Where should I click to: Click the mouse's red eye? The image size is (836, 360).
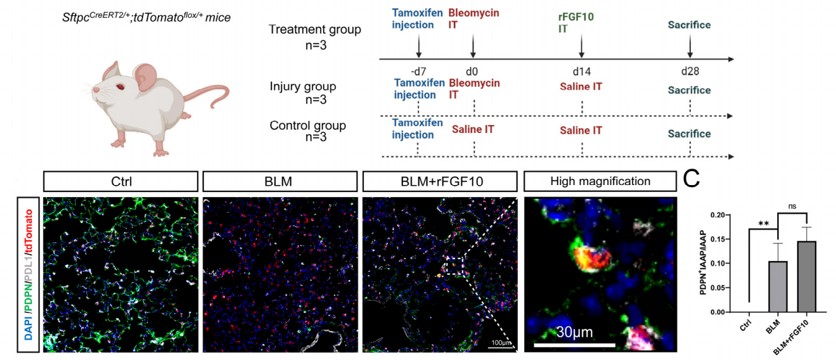[x=120, y=87]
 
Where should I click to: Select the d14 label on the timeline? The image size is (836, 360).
[x=581, y=71]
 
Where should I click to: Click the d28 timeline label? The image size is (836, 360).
[x=690, y=71]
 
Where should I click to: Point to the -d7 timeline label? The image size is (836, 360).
[x=418, y=71]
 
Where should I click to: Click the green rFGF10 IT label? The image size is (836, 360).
[x=576, y=23]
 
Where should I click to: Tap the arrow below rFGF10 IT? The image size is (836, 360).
[x=581, y=46]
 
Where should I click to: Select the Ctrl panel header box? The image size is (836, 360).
[x=120, y=181]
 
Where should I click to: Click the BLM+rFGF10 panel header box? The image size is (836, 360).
[x=440, y=181]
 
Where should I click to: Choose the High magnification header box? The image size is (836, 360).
[x=600, y=181]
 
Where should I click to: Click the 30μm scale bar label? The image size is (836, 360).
[x=574, y=331]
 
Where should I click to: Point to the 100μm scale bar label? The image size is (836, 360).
[x=501, y=342]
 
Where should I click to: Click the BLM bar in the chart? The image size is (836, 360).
[x=778, y=286]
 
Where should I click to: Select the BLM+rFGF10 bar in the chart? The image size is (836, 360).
[x=807, y=276]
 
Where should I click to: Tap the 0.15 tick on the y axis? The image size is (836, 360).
[x=717, y=239]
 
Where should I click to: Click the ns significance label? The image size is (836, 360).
[x=792, y=206]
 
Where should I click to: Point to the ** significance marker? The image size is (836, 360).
[x=764, y=224]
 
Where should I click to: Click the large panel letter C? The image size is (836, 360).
[x=691, y=179]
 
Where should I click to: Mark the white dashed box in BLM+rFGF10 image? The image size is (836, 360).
[x=455, y=266]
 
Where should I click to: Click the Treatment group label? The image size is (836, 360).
[x=315, y=29]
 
